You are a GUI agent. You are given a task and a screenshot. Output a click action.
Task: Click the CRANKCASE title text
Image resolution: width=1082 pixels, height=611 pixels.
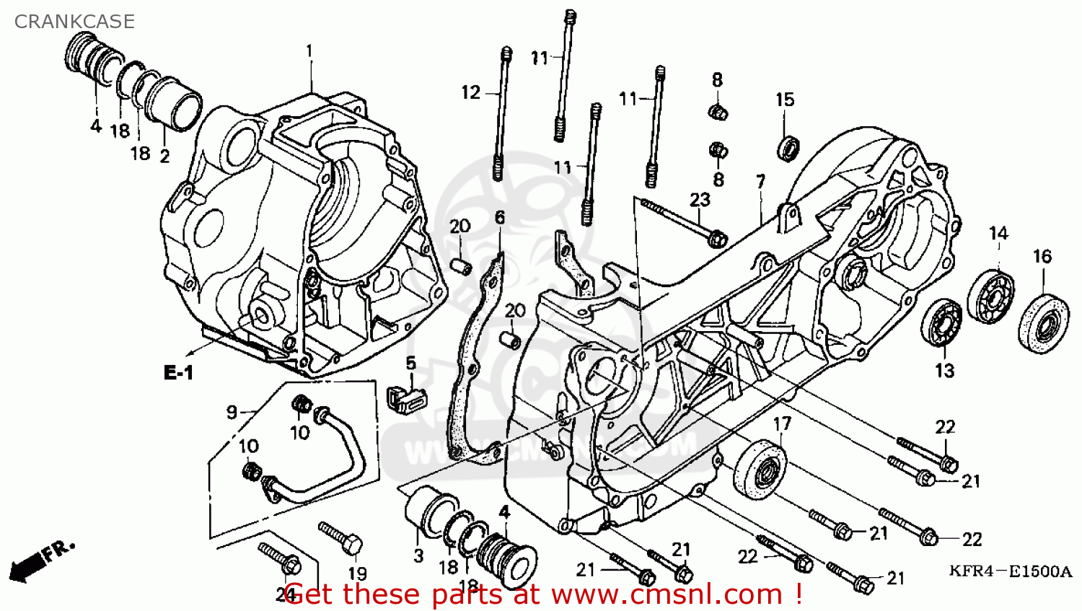pyautogui.click(x=74, y=22)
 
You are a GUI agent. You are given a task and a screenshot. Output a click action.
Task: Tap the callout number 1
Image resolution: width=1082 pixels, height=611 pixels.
pyautogui.click(x=309, y=51)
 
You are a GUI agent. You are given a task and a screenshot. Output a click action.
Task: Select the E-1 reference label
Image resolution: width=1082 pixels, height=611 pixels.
pyautogui.click(x=179, y=372)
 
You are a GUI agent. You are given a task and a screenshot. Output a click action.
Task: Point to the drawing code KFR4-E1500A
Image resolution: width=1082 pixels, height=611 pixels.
pyautogui.click(x=1010, y=571)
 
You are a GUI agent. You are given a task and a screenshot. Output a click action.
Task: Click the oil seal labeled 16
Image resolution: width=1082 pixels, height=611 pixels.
pyautogui.click(x=1043, y=322)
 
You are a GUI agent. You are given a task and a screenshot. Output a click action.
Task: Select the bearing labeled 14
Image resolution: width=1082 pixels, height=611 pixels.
pyautogui.click(x=990, y=296)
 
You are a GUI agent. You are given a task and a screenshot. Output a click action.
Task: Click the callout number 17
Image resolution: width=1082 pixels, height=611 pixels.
pyautogui.click(x=782, y=424)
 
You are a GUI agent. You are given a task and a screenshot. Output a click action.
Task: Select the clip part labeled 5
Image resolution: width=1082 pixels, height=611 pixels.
pyautogui.click(x=406, y=397)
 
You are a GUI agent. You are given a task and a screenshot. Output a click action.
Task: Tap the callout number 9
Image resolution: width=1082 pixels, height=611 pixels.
pyautogui.click(x=231, y=411)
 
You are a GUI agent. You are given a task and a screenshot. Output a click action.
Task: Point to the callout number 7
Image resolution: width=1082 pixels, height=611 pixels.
pyautogui.click(x=761, y=181)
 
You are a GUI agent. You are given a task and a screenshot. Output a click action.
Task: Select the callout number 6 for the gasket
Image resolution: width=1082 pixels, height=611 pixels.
pyautogui.click(x=500, y=217)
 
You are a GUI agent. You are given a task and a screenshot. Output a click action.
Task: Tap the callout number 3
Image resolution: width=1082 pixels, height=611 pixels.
pyautogui.click(x=418, y=556)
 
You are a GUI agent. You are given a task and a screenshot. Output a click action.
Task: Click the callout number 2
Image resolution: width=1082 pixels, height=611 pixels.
pyautogui.click(x=164, y=155)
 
